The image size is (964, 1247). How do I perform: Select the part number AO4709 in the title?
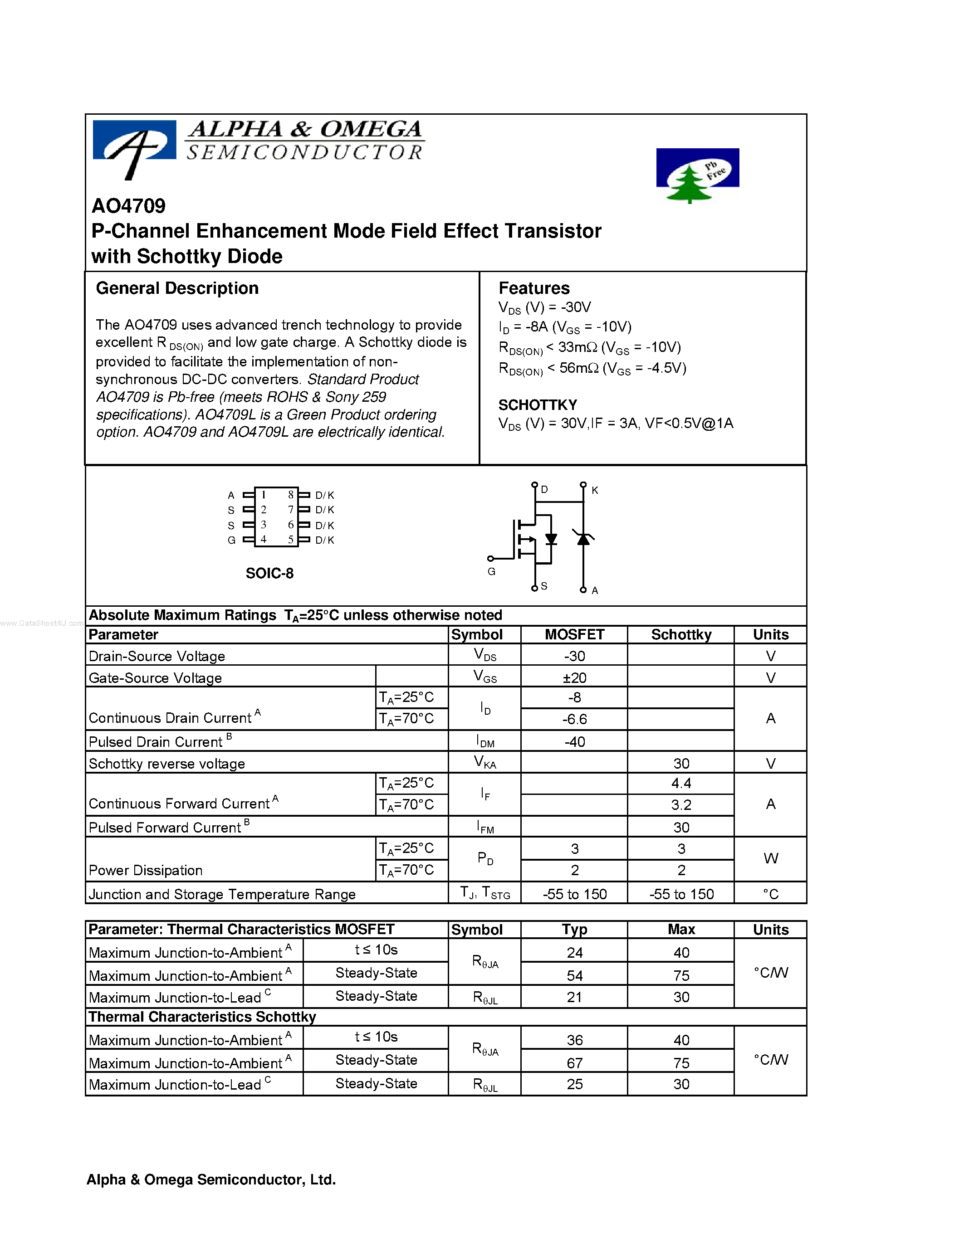128,206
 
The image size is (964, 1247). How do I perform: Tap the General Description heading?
177,288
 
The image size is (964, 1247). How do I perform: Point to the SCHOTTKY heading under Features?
538,405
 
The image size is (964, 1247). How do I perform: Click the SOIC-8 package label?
269,573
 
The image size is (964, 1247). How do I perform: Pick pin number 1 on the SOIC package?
264,495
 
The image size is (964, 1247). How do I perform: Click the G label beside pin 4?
231,540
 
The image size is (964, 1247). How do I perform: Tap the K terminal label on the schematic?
595,490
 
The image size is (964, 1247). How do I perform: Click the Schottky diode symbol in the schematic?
583,538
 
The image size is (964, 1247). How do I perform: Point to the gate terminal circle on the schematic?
490,558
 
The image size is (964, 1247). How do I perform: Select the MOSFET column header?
574,635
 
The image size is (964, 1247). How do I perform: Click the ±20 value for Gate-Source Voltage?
574,678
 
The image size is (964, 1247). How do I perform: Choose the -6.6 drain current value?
574,719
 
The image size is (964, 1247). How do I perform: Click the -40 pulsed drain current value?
574,742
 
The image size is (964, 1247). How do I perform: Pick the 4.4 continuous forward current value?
681,783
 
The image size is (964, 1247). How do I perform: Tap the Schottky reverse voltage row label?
167,764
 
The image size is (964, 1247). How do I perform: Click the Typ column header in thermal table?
574,930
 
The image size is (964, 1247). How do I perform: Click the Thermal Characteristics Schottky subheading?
202,1017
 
